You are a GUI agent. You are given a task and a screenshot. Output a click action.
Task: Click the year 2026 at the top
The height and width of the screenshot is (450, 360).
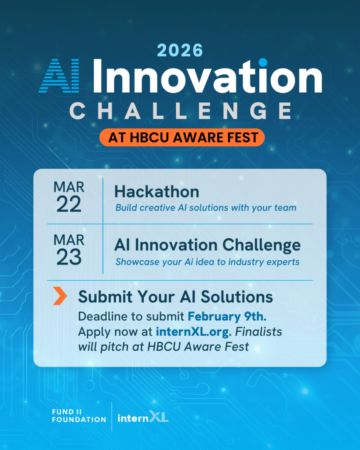180,50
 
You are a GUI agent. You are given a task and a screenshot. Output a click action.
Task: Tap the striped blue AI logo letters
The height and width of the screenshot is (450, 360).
59,76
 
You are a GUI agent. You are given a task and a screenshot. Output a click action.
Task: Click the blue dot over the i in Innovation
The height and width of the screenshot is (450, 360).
263,62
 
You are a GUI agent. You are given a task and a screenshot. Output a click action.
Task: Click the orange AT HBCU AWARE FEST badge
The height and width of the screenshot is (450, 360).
182,138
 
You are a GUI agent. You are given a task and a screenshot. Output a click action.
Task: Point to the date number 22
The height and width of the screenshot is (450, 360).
69,204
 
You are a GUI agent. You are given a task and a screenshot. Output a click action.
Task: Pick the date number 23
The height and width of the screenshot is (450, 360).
69,257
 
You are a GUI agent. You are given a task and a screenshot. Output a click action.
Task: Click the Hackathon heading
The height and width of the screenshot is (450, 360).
157,192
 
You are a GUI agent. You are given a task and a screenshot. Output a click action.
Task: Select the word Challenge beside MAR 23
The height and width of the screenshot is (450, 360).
262,246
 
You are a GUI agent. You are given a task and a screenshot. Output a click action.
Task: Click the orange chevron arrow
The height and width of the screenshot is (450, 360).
60,296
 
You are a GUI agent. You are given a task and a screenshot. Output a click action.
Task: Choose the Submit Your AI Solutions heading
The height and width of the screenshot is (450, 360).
175,297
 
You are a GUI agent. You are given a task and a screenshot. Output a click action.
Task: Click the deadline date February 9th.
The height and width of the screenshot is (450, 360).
227,316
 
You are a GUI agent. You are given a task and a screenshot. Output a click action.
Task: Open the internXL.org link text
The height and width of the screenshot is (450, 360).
194,332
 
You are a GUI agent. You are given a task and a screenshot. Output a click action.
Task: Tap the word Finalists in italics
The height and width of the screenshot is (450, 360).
258,332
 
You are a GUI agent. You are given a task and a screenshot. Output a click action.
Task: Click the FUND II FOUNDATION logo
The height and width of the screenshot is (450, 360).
79,416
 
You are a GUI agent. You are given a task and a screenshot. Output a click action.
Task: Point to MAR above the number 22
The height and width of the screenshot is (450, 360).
69,187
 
